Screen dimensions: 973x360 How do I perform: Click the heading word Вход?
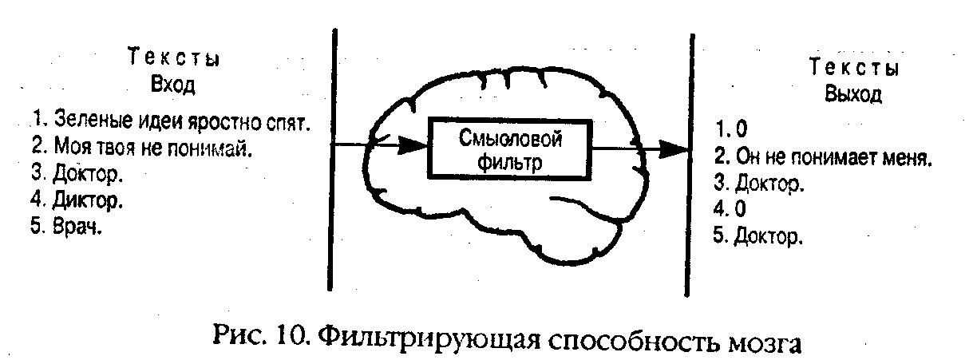coord(173,85)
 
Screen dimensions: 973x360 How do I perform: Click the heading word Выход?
coord(853,94)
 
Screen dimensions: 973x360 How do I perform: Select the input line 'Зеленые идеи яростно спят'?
coord(180,121)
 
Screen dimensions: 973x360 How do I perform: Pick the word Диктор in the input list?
coord(87,200)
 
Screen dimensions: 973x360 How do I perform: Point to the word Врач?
coord(77,226)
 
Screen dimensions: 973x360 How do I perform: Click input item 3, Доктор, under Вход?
coord(87,173)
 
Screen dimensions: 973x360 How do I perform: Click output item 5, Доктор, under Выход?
coord(768,236)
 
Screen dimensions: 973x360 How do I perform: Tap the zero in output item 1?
coord(741,129)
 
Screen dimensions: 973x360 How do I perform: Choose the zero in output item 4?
coord(740,208)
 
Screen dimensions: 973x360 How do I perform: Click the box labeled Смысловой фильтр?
coord(510,149)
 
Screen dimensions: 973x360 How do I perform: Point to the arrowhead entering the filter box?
coord(413,145)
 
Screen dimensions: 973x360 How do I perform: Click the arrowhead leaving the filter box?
coord(674,149)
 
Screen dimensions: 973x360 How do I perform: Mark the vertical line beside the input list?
coord(333,160)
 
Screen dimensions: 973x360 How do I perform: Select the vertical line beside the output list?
coord(690,165)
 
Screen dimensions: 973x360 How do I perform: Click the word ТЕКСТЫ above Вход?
coord(174,57)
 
